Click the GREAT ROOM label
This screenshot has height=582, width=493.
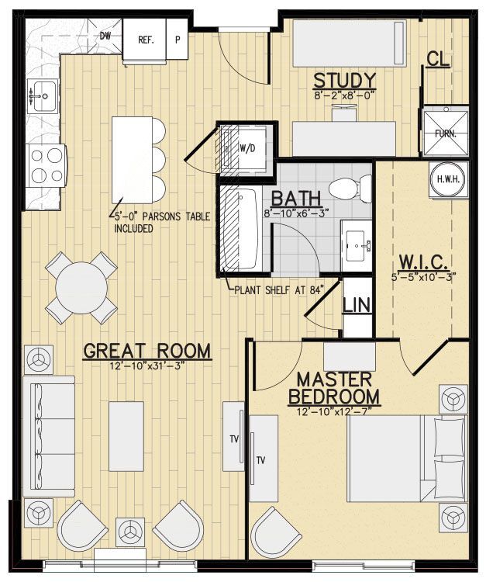pos(147,351)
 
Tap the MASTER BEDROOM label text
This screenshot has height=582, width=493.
pos(334,389)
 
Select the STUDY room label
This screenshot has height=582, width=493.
pos(345,81)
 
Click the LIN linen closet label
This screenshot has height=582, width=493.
pos(357,301)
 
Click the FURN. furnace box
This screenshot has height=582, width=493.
pos(445,132)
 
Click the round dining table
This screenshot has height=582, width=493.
pos(81,287)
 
